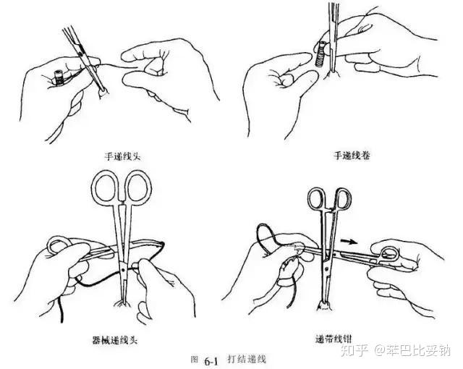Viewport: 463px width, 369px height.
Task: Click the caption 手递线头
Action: tap(122, 156)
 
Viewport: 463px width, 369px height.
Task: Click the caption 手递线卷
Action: tap(352, 156)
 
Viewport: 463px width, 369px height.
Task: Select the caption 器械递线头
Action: tap(115, 340)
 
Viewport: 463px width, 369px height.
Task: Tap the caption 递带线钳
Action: tap(334, 339)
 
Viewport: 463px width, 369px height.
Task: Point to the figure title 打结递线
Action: tap(247, 360)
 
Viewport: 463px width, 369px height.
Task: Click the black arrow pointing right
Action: tap(349, 242)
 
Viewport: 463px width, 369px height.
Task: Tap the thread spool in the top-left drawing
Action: tap(59, 77)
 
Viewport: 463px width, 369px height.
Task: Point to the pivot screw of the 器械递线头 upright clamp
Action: tap(122, 270)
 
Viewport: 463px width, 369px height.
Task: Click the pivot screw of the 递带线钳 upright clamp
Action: tap(326, 268)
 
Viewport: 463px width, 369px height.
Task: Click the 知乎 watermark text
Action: tap(354, 351)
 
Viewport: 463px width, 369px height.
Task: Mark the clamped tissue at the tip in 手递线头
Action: tap(103, 94)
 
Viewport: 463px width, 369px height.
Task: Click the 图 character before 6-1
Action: tap(195, 360)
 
